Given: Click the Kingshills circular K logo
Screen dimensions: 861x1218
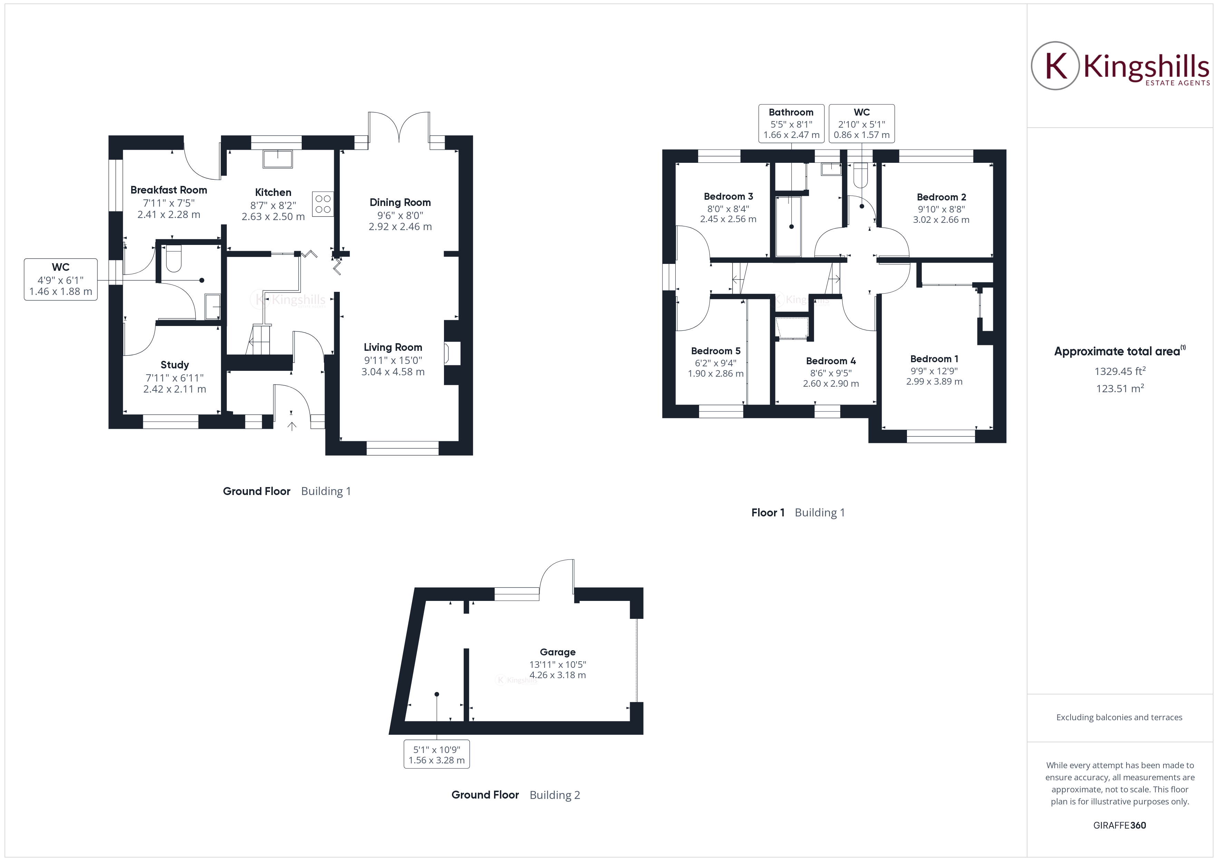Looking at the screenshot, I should (1055, 66).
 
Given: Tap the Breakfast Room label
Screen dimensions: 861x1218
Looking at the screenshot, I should (169, 190).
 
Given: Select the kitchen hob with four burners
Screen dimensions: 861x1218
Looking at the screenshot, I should (322, 204).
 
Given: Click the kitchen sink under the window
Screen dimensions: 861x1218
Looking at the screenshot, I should (278, 159).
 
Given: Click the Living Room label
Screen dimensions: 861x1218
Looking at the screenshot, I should (393, 347).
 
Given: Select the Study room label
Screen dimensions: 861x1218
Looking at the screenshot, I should (175, 365).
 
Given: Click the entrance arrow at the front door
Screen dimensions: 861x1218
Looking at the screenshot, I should (292, 425).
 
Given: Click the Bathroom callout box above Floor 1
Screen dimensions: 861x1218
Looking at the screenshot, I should (791, 123).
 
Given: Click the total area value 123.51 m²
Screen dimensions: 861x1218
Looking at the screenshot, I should (1119, 389).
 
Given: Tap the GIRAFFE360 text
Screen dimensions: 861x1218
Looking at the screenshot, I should (1119, 825).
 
